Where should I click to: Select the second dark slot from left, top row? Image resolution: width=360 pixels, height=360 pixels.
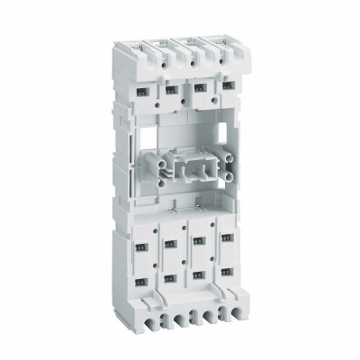pos(169,90)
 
